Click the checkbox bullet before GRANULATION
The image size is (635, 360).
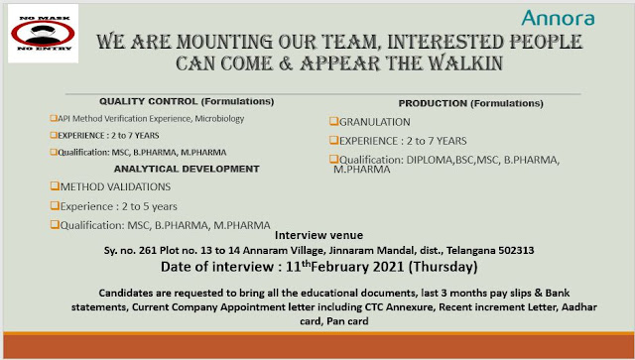coord(333,121)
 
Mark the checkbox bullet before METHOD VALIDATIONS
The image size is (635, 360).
coord(54,186)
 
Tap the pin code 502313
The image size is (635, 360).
coord(499,251)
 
